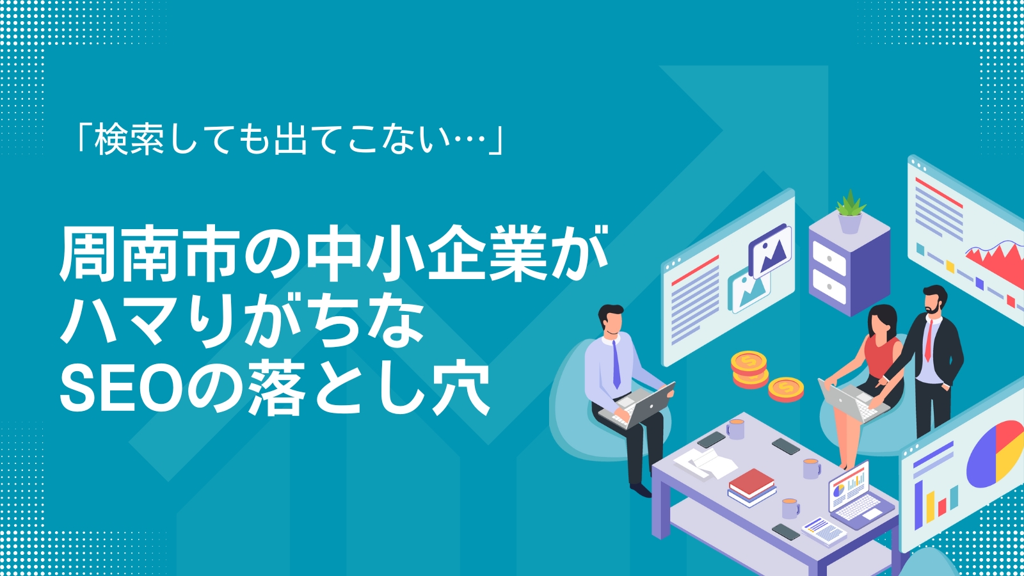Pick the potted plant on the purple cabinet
tap(850, 212)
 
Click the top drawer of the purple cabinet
tap(829, 259)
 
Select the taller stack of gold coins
tap(749, 369)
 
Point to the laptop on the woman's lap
tap(851, 403)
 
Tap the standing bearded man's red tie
tap(929, 340)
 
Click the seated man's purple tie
tap(616, 365)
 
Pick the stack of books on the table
tap(752, 486)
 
